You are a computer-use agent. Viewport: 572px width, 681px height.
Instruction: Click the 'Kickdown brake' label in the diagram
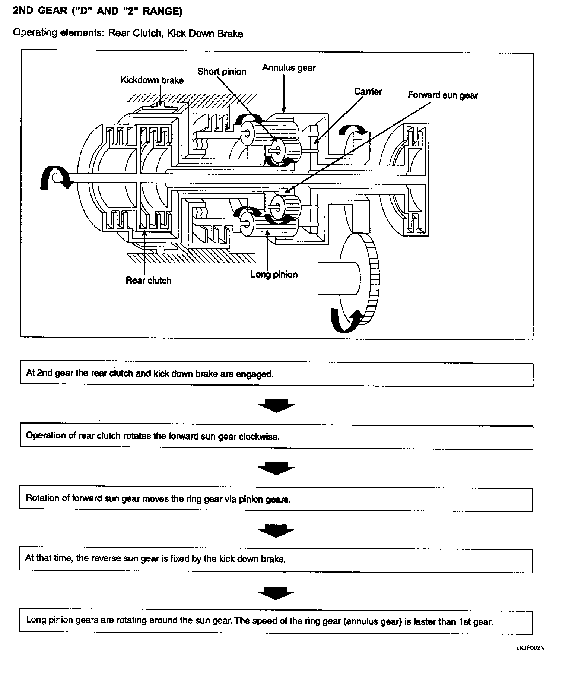click(x=152, y=80)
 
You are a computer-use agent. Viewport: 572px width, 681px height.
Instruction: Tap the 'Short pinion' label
click(x=222, y=72)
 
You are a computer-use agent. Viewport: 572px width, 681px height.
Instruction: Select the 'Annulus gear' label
click(x=289, y=68)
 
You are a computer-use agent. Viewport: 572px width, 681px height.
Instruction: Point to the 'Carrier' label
click(x=368, y=92)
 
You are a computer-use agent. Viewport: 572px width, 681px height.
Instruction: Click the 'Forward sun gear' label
click(x=442, y=95)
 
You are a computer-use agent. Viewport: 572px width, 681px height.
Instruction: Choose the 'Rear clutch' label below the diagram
click(x=149, y=281)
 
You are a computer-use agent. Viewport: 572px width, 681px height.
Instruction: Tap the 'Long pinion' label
click(x=274, y=275)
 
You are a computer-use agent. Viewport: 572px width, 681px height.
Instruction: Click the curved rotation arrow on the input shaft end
click(x=54, y=178)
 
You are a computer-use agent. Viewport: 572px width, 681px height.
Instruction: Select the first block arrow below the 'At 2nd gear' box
click(x=276, y=405)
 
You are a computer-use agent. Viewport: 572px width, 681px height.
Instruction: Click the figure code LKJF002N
click(x=530, y=648)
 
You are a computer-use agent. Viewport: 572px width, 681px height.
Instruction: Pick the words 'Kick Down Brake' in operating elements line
click(x=205, y=34)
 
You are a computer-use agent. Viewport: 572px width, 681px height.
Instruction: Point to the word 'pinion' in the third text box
click(x=251, y=499)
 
